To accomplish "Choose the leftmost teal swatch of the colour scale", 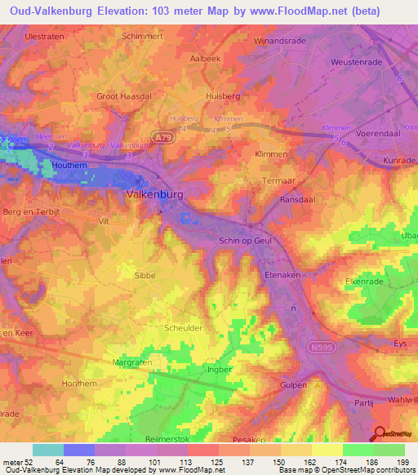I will coord(47,450).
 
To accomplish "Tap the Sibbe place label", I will coord(145,276).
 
